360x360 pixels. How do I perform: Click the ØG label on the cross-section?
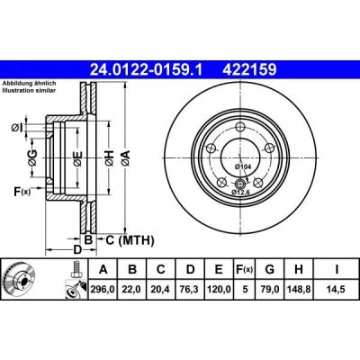click(x=31, y=159)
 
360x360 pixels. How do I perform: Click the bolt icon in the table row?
click(x=74, y=271)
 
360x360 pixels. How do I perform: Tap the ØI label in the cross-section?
click(x=18, y=127)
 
